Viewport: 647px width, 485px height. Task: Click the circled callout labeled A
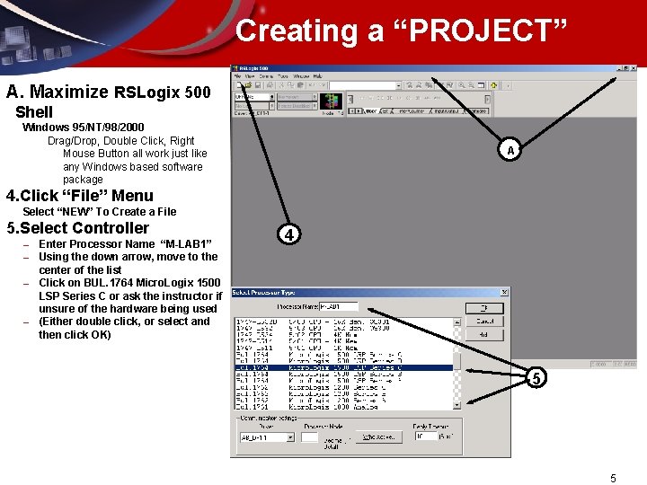click(x=510, y=151)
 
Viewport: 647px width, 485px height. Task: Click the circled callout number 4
click(x=288, y=234)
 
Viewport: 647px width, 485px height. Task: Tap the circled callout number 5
click(x=536, y=378)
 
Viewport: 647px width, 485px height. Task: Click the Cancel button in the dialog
click(x=485, y=321)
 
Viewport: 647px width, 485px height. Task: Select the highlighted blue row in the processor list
click(x=344, y=367)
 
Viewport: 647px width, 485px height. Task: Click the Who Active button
click(x=377, y=437)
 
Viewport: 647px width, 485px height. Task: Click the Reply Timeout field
click(x=425, y=436)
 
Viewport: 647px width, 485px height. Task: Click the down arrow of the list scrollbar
click(x=456, y=404)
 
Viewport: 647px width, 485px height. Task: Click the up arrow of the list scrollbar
click(x=456, y=322)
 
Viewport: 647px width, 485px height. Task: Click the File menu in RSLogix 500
click(x=238, y=76)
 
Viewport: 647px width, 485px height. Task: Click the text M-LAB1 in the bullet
click(x=185, y=244)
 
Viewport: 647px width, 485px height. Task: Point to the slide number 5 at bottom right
click(x=613, y=479)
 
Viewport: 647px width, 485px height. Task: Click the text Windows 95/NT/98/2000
click(x=83, y=128)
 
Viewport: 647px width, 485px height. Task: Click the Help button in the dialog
click(x=485, y=334)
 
